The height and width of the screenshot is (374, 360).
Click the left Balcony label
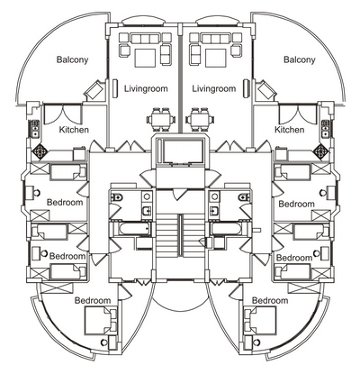tap(72, 59)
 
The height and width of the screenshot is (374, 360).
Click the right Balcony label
tap(300, 59)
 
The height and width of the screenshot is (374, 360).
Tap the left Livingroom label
tap(146, 88)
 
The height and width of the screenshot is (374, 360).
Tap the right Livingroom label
tap(214, 88)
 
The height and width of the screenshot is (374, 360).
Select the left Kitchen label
tap(74, 130)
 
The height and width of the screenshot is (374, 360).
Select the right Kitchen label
tap(290, 130)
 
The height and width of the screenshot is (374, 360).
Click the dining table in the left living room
tap(161, 120)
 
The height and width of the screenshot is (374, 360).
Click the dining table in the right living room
tap(200, 120)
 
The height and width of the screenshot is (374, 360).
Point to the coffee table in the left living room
tap(145, 58)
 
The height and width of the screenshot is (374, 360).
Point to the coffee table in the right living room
tap(215, 58)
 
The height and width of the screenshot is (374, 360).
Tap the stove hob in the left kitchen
tap(40, 151)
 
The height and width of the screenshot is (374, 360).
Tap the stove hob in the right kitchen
tap(320, 151)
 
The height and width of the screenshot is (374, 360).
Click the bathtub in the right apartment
tap(226, 230)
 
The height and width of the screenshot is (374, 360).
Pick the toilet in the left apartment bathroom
tap(117, 197)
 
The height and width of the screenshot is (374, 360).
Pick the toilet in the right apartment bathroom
tap(244, 197)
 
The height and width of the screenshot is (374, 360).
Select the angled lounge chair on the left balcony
tap(94, 89)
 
